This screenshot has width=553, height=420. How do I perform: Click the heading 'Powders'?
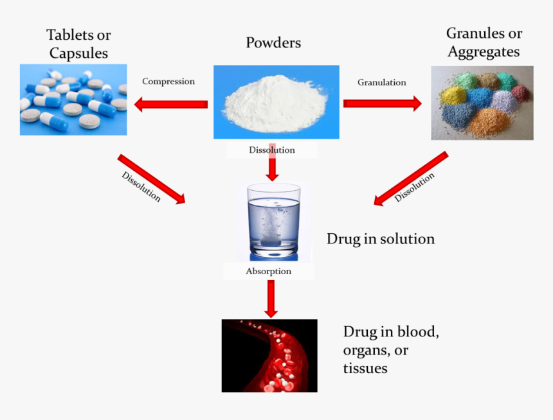pyautogui.click(x=273, y=43)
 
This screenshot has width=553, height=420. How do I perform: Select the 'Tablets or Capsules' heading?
pyautogui.click(x=78, y=44)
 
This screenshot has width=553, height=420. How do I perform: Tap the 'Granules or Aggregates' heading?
pyautogui.click(x=484, y=42)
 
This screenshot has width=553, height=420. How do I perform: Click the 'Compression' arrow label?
pyautogui.click(x=168, y=82)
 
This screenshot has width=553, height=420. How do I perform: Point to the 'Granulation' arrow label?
pyautogui.click(x=382, y=82)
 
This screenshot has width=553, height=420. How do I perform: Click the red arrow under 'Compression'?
pyautogui.click(x=170, y=103)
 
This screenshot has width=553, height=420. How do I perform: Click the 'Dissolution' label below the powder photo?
pyautogui.click(x=272, y=150)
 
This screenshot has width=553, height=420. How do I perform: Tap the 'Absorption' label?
pyautogui.click(x=269, y=271)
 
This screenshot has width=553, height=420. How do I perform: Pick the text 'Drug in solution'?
pyautogui.click(x=381, y=239)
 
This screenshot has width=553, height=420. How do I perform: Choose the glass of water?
pyautogui.click(x=274, y=221)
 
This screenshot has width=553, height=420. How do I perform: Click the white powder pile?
pyautogui.click(x=275, y=103)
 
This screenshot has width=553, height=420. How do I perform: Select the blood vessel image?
pyautogui.click(x=269, y=356)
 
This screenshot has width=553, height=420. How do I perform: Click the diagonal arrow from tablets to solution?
pyautogui.click(x=151, y=179)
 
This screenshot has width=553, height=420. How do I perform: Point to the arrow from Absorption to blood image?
pyautogui.click(x=271, y=299)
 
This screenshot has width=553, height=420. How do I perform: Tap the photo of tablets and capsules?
pyautogui.click(x=73, y=100)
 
